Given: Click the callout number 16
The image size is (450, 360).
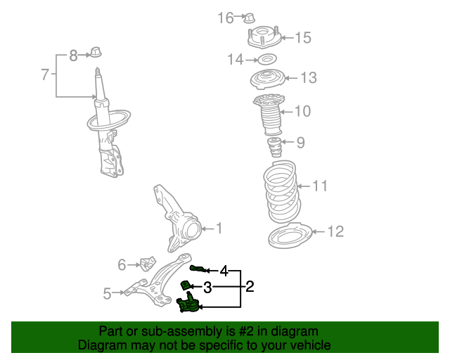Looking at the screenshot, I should point(225,18).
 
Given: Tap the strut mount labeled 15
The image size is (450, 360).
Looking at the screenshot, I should point(264,37).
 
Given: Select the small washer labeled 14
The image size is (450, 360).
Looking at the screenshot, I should point(266,60).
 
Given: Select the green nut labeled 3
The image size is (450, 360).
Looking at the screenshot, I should point(187,285).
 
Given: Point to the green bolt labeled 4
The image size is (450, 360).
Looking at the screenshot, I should point(198,269).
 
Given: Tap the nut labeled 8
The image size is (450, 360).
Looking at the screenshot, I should point(96,52).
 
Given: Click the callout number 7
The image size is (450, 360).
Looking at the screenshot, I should point(45,74).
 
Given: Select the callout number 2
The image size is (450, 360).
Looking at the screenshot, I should point(250,286).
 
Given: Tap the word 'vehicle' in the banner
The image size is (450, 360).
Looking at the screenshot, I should point(308,345).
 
